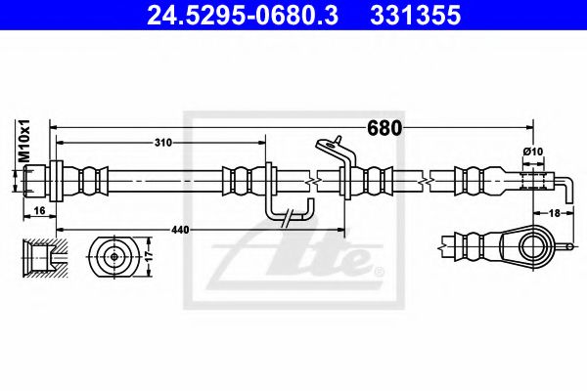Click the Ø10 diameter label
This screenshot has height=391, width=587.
533,151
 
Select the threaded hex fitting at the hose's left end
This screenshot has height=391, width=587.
37,180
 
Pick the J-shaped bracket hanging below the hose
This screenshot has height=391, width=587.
289,207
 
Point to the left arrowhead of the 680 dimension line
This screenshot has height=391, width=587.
57,127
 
